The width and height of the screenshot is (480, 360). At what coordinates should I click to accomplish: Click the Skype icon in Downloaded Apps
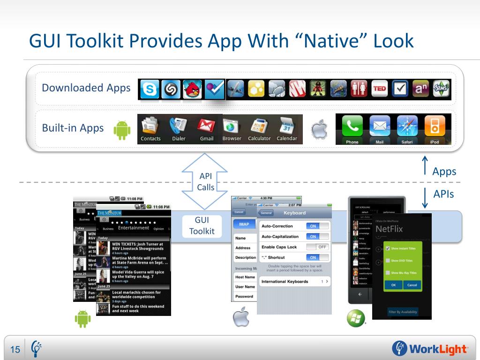pos(150,89)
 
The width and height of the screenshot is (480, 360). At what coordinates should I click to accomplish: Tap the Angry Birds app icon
pos(192,89)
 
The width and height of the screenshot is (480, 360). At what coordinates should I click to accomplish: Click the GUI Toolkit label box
pos(202,225)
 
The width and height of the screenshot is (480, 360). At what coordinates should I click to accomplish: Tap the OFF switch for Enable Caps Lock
pos(317,247)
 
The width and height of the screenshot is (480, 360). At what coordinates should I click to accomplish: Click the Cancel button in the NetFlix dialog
pos(412,285)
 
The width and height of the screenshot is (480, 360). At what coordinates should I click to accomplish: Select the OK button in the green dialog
pos(393,285)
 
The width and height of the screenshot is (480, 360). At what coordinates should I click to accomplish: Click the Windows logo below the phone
pos(355,318)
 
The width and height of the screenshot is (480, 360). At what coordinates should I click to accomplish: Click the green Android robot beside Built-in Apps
pos(122,130)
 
